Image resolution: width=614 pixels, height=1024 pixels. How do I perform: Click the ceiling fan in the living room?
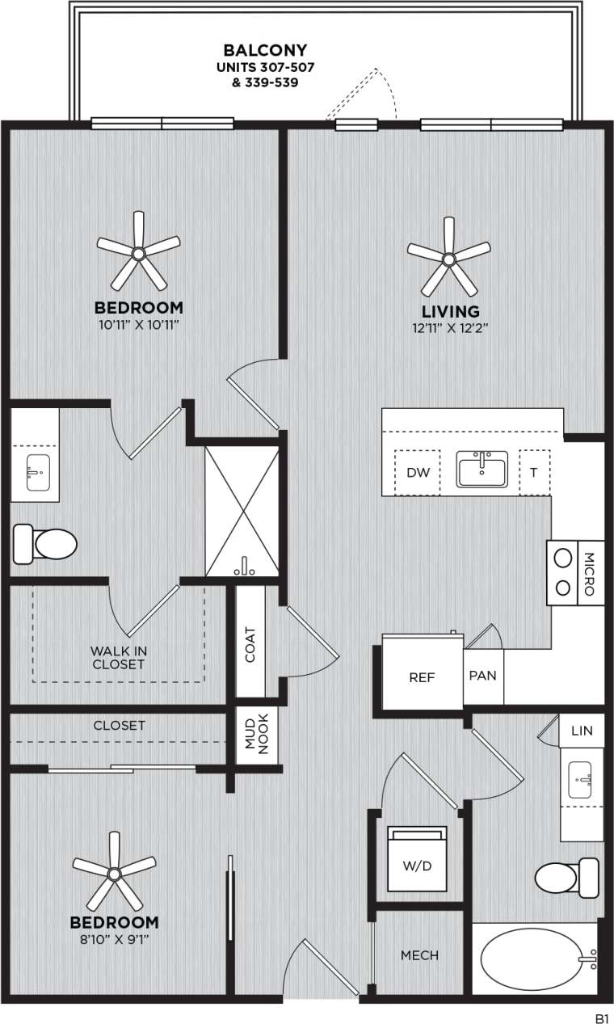tap(448, 258)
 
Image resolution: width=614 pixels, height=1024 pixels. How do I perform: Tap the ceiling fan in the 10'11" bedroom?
tap(138, 253)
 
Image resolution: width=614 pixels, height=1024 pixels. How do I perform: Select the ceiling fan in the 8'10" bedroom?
tap(115, 873)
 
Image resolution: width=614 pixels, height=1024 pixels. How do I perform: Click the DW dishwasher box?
tap(417, 472)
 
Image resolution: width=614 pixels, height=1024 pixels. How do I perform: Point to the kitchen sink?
tap(482, 470)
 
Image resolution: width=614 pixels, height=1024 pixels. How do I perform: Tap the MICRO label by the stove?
tap(589, 573)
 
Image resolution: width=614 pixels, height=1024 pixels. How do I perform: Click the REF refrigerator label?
tap(422, 677)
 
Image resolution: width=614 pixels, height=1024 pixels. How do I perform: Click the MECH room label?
tap(420, 955)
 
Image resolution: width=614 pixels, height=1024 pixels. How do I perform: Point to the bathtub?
tap(536, 959)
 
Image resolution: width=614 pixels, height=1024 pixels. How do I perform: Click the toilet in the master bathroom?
tap(45, 544)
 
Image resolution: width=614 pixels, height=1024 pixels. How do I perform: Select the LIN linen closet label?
tap(582, 731)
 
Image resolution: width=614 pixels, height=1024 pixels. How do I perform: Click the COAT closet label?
tap(250, 644)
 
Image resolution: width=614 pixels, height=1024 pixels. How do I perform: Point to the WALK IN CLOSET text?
tap(118, 657)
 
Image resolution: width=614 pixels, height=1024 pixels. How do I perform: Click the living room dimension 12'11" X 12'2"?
tap(450, 328)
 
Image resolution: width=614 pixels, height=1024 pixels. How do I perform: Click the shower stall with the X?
tap(242, 511)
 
